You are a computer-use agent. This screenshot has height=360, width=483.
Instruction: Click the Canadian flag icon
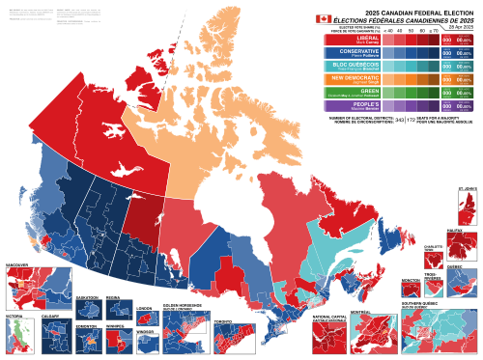click(323, 18)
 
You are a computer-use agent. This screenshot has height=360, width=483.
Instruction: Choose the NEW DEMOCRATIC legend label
click(350, 78)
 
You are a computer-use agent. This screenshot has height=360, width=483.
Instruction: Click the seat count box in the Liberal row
click(446, 41)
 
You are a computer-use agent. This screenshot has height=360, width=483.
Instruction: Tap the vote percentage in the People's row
click(464, 108)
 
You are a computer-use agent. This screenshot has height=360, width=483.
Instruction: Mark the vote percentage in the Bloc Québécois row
click(464, 68)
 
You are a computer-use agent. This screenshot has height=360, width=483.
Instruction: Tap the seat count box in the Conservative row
click(446, 54)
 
